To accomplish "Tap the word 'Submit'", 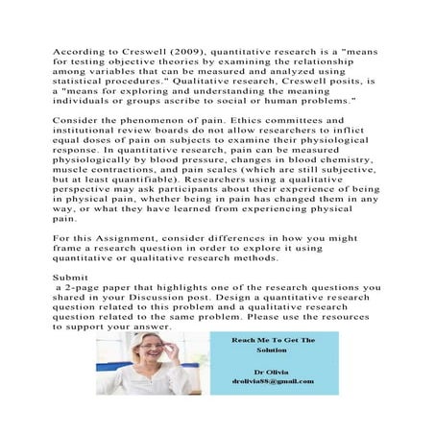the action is coord(71,277).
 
